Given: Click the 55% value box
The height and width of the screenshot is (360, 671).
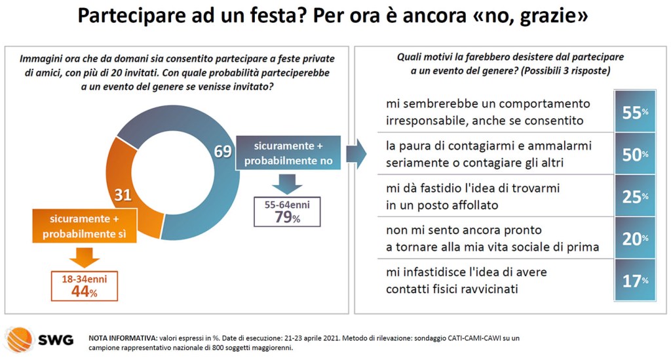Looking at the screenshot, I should point(634,111).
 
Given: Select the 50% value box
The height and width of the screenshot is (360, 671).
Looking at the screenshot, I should point(634,153).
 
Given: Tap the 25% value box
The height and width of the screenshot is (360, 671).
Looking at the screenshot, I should point(634,196).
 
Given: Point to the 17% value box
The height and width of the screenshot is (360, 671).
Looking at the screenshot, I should point(634,281).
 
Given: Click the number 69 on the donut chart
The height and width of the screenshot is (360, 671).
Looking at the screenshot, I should point(223,151).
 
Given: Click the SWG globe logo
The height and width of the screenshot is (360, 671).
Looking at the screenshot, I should point(18,340).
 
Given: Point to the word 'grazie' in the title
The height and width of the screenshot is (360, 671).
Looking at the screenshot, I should point(548,16).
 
